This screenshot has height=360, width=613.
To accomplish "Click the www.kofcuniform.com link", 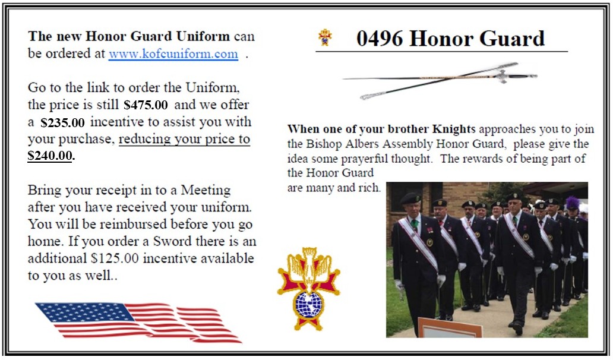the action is [x=173, y=53].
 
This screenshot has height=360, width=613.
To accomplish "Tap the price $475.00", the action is [x=146, y=105].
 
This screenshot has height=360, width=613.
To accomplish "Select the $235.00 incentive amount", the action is [x=62, y=122].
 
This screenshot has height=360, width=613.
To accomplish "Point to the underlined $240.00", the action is [x=50, y=156].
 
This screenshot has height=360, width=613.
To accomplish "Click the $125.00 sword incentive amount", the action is [x=115, y=258].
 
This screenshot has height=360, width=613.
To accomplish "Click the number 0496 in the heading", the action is [x=379, y=38].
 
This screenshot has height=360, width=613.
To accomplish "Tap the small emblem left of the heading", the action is [x=325, y=37].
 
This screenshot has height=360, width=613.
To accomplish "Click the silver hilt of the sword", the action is [x=502, y=76].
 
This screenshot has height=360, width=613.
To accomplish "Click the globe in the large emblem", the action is [x=309, y=305].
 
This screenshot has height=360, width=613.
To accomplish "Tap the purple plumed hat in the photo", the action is [x=573, y=203].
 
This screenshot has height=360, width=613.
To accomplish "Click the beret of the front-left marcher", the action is [x=410, y=198].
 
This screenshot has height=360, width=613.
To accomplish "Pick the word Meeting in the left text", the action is [x=206, y=190].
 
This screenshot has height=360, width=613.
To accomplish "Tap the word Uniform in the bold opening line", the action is [x=203, y=36].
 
